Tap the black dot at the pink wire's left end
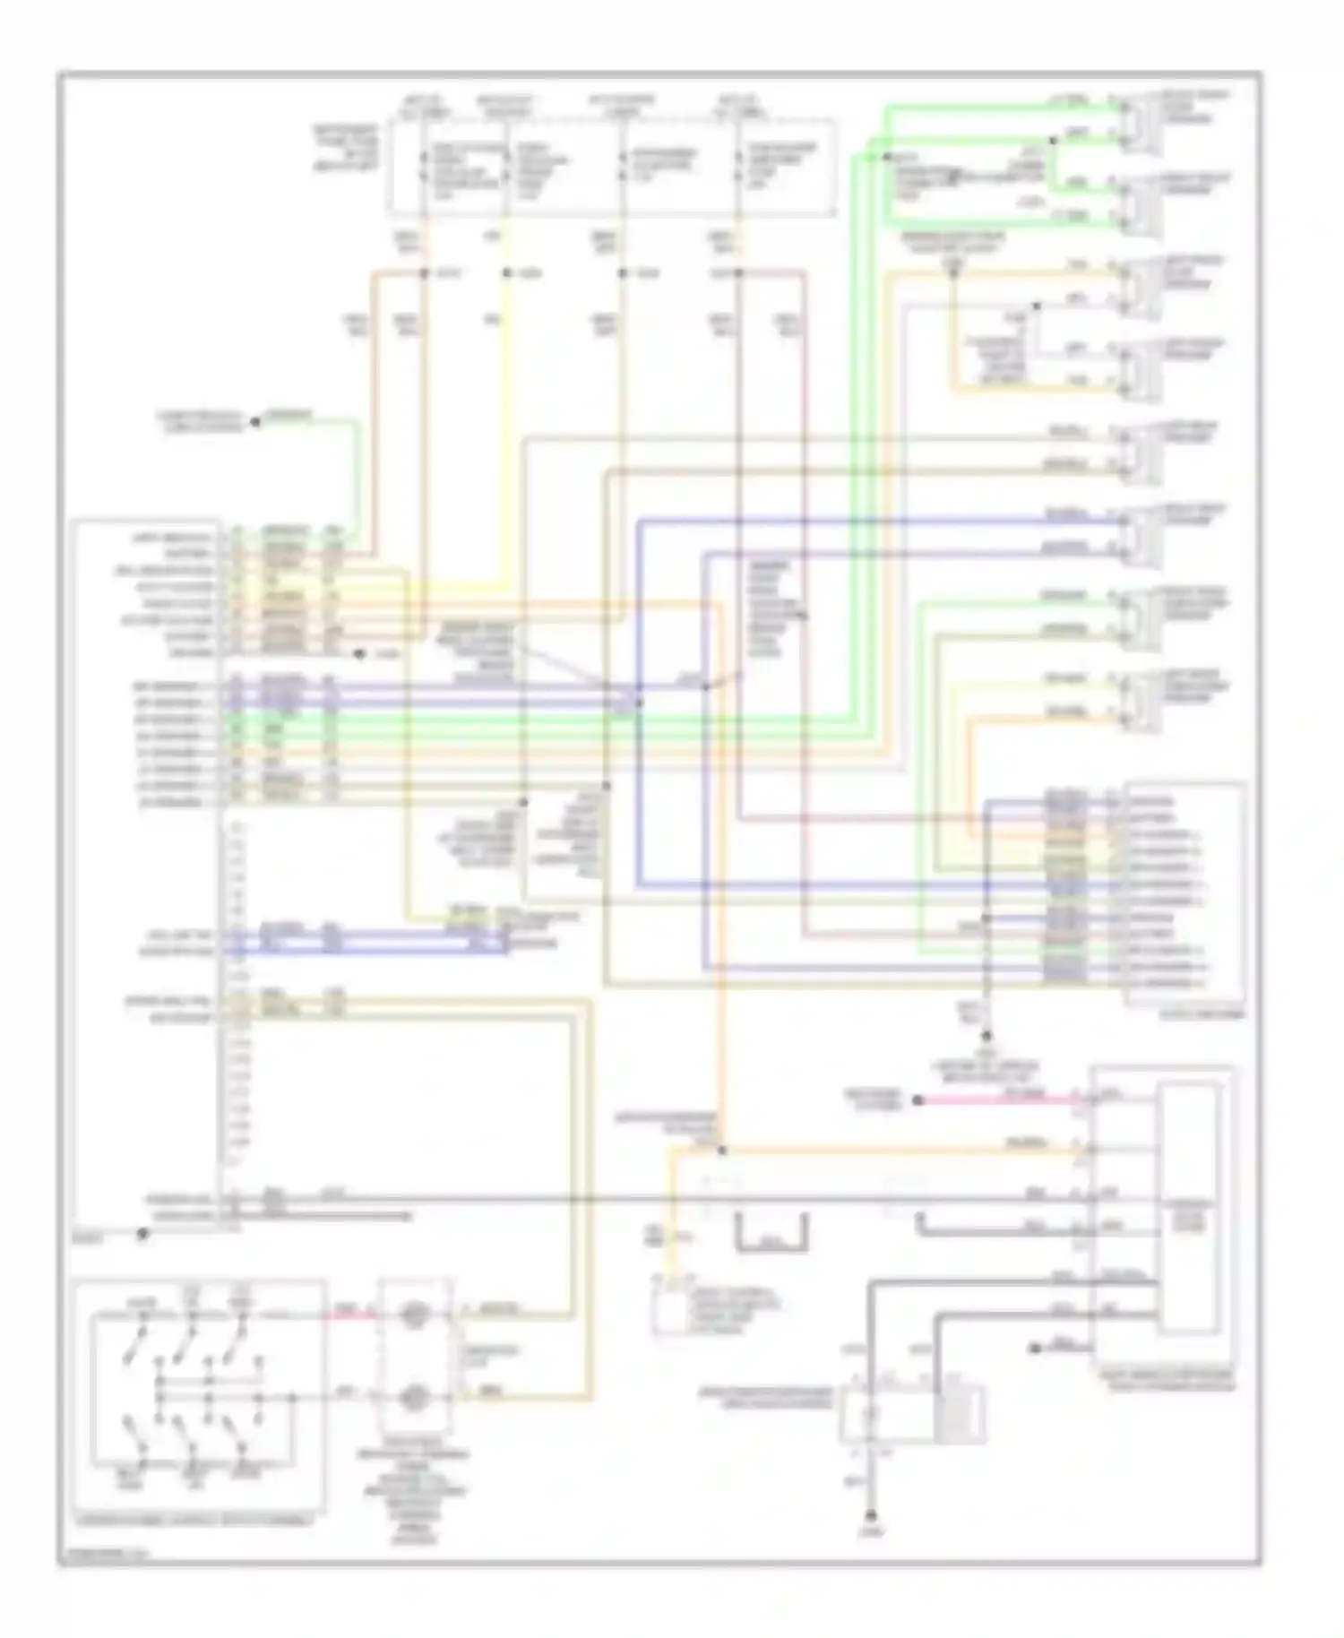(x=918, y=1099)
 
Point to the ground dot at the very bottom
(x=870, y=1515)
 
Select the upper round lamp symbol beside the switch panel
(x=413, y=1315)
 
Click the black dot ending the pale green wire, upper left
(x=254, y=420)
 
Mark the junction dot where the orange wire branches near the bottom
(x=722, y=1150)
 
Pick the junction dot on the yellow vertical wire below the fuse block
(x=506, y=272)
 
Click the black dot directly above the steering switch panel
(x=142, y=1234)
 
